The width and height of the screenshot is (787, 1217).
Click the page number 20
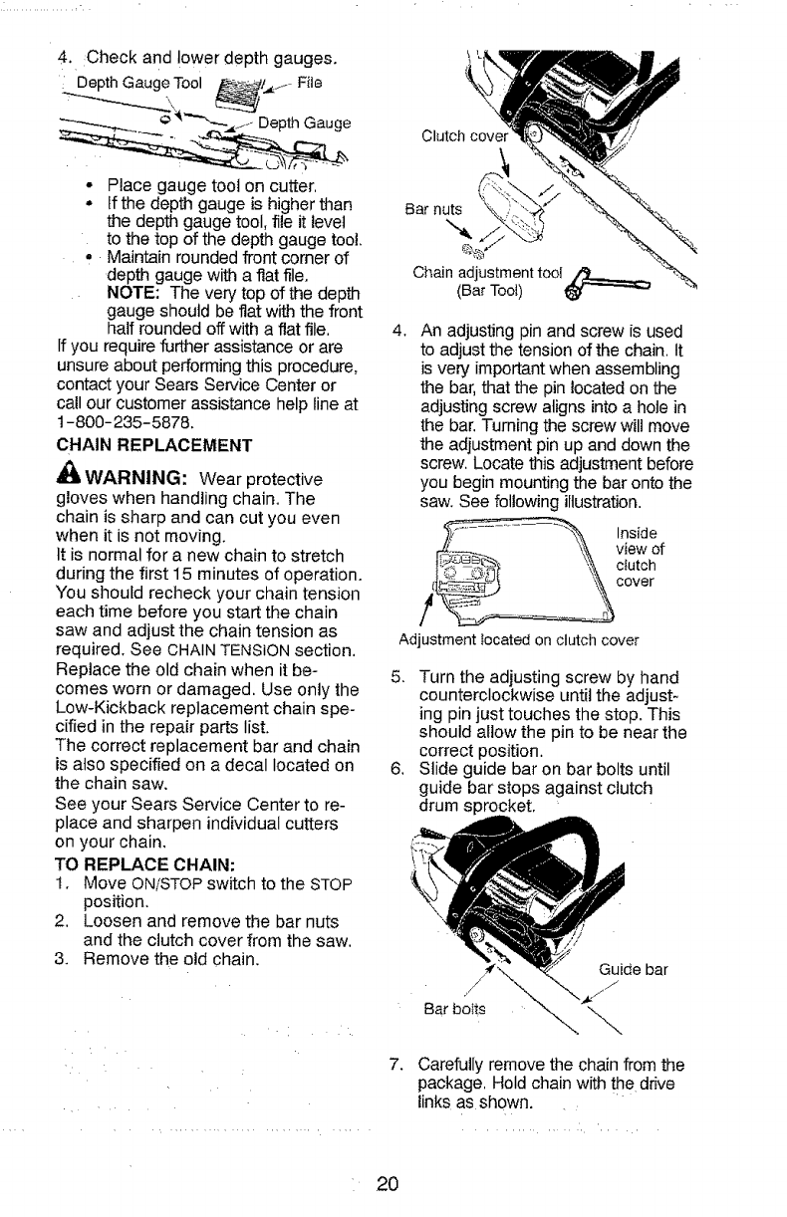(x=388, y=1184)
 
